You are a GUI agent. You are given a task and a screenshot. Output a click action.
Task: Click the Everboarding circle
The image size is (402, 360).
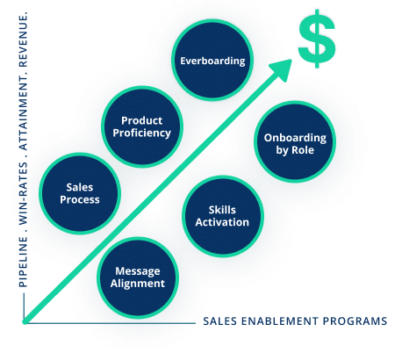pos(212,61)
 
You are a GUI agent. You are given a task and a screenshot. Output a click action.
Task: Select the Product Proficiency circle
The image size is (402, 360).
pos(142,126)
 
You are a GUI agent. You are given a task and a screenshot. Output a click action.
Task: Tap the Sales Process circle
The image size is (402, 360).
pos(80,193)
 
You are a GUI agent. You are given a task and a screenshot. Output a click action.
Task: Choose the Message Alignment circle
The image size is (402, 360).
pos(138,277)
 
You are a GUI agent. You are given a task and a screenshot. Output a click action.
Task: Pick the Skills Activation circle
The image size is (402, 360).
pos(223,216)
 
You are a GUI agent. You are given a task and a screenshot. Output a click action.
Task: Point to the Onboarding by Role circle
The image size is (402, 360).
pos(295,141)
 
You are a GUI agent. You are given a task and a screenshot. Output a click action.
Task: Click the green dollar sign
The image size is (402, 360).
pos(317,39)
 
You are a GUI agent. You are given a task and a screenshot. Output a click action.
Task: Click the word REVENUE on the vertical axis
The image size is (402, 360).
pos(23,40)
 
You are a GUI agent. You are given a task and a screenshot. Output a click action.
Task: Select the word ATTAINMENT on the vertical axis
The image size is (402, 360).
pos(23,115)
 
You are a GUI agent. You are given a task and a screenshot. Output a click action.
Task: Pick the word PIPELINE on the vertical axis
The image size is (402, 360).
pos(23,262)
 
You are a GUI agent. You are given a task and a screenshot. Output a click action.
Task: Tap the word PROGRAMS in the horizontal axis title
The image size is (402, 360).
pos(355,321)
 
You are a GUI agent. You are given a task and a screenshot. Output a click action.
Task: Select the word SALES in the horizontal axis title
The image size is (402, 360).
pos(220,321)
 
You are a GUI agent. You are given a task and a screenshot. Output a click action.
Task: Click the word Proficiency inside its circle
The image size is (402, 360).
pos(142,133)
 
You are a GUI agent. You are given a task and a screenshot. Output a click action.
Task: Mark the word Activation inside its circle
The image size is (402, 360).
pos(222,222)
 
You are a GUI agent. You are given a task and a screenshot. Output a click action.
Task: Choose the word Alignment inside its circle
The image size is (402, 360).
pos(138,284)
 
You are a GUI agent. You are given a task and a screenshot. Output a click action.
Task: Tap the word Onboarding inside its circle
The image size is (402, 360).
pos(295,138)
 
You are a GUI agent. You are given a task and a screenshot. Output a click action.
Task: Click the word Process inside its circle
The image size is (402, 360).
pos(80,199)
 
